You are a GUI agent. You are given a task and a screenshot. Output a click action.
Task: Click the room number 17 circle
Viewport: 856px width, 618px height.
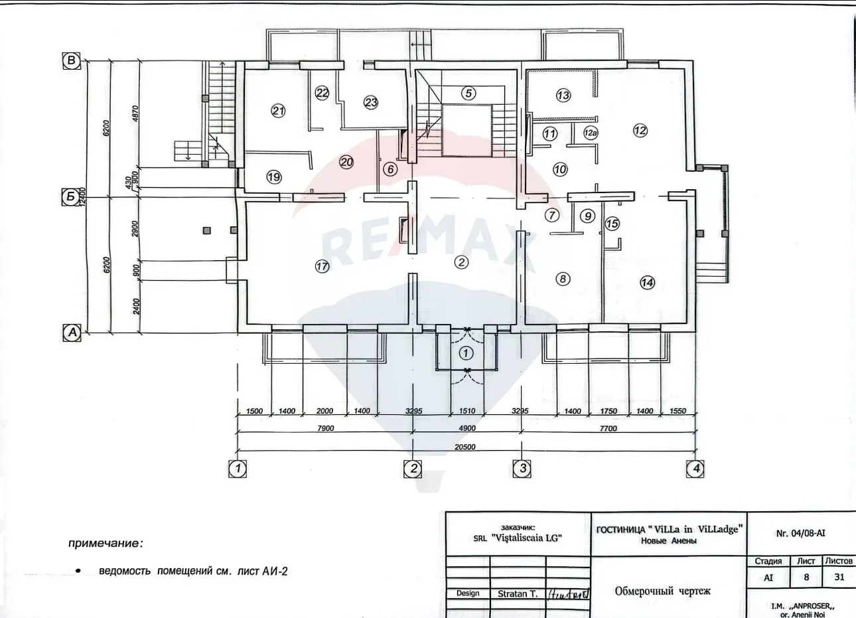coord(322,267)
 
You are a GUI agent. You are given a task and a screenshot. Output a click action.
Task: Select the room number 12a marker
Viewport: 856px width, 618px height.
coord(591,133)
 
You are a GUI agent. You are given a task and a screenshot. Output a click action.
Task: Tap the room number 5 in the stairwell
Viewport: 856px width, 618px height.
coord(468,93)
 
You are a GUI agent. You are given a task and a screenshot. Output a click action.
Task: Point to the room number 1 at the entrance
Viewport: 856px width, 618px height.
coord(466,353)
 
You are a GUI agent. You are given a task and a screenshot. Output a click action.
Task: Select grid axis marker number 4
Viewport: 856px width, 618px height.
coord(695,469)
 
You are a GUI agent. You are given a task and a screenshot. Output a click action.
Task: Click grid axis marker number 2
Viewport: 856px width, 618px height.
coord(413,469)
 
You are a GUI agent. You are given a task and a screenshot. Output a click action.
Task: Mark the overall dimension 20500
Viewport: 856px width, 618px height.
coord(464,447)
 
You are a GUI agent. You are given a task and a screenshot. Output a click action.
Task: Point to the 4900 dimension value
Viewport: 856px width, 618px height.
coord(468,428)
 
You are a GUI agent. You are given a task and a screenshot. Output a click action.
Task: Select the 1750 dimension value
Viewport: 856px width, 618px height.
coord(608,411)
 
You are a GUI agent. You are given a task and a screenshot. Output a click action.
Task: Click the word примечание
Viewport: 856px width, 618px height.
coord(106,544)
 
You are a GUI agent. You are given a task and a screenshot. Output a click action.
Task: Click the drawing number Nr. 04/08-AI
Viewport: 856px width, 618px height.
coord(800,533)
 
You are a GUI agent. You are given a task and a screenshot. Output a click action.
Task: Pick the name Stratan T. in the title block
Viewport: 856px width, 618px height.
coord(518,593)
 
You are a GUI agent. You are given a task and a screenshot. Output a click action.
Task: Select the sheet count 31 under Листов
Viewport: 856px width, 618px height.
coord(839,577)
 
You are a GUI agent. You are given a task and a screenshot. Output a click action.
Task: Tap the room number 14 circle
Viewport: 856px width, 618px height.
coord(647,283)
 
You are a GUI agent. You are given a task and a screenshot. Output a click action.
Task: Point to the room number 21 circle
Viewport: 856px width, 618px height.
coord(278,111)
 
